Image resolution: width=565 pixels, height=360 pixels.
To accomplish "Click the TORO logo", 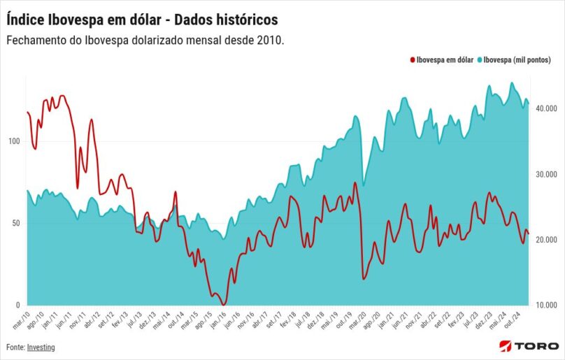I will tap(529, 346).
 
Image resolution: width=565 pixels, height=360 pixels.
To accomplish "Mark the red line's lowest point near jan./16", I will tap(224, 304).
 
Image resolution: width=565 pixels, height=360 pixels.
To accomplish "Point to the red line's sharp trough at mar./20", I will tap(364, 279).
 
